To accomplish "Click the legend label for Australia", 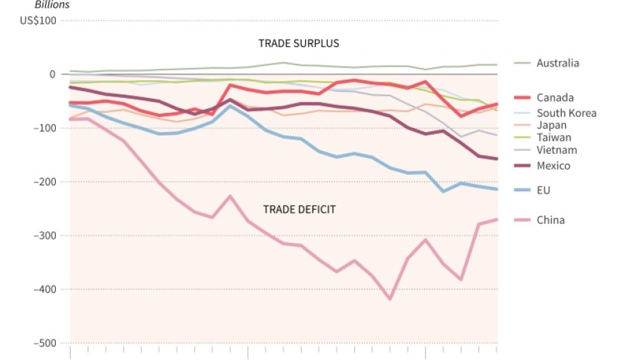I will (x=558, y=63).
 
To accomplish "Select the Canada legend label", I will (x=555, y=98).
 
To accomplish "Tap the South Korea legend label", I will (x=566, y=113).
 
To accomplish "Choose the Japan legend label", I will (x=551, y=125).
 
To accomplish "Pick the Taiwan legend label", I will (x=554, y=137).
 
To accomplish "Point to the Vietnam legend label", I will (x=556, y=150).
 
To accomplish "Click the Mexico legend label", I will (x=553, y=165).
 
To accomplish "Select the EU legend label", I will (x=543, y=191).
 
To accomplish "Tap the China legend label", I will (x=550, y=220).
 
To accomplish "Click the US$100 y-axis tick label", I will (x=38, y=20).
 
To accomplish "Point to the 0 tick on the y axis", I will (x=52, y=74).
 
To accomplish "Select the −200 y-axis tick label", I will (x=44, y=182).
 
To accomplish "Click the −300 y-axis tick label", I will (x=44, y=235).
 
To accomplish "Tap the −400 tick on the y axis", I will (x=44, y=289).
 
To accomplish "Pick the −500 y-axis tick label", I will (x=44, y=343).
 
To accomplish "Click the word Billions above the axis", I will (x=52, y=5).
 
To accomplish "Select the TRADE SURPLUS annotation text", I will (x=298, y=44).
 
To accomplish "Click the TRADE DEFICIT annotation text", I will (x=299, y=209).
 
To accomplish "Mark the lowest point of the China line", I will (x=390, y=299).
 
